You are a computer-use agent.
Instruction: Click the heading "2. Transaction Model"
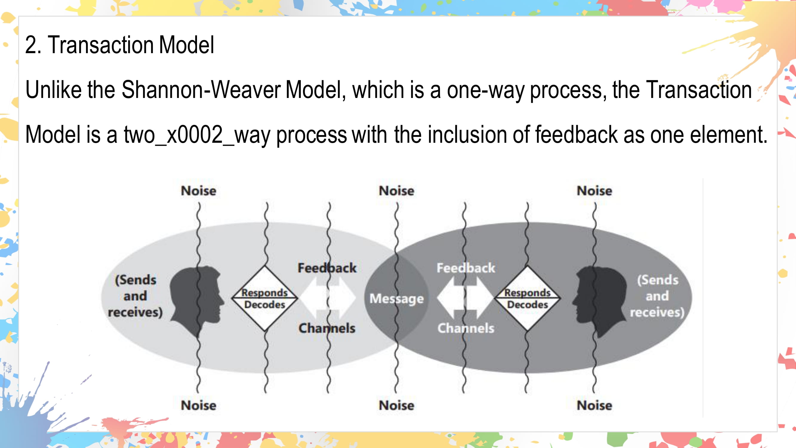[x=119, y=45]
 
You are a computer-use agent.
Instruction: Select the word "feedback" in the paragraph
[x=576, y=134]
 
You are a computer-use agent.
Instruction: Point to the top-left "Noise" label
[x=198, y=191]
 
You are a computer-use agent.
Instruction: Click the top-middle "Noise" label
[x=396, y=191]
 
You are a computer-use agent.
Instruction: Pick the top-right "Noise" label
[x=594, y=191]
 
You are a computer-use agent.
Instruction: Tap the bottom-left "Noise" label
[x=198, y=405]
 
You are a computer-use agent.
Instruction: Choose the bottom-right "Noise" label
[x=594, y=405]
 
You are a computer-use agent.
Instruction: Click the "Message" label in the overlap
[x=396, y=299]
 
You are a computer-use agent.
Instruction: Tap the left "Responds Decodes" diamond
[x=264, y=298]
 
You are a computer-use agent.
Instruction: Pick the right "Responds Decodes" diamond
[x=527, y=298]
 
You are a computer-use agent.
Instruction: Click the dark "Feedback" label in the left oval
[x=327, y=268]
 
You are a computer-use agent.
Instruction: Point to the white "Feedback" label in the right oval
[x=466, y=268]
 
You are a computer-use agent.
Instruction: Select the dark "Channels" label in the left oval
[x=327, y=328]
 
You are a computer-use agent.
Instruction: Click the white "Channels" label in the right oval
[x=466, y=328]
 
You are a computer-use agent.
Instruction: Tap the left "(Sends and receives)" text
[x=135, y=296]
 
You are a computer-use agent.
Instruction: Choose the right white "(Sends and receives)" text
[x=657, y=296]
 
